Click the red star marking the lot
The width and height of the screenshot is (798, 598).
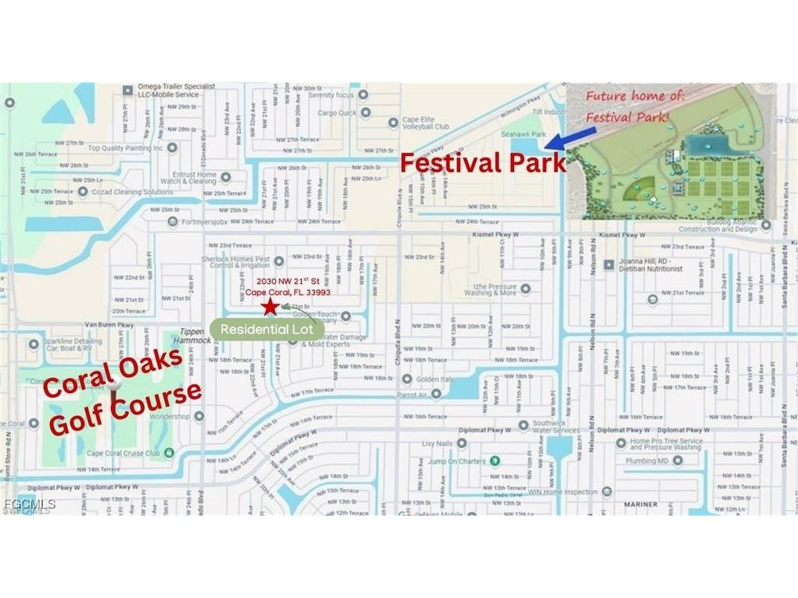pyautogui.click(x=267, y=307)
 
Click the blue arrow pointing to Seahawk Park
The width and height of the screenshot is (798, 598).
pyautogui.click(x=562, y=141)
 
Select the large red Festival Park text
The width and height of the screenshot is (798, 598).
pyautogui.click(x=484, y=163)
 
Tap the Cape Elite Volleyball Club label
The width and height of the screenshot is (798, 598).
pyautogui.click(x=426, y=123)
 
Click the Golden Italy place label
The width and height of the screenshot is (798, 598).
pyautogui.click(x=435, y=379)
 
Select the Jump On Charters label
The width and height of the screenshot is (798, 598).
pyautogui.click(x=457, y=461)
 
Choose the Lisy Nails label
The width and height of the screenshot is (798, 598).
pyautogui.click(x=438, y=443)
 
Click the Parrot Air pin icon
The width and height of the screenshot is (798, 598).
pyautogui.click(x=436, y=394)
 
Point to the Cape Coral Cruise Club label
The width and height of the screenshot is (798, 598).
pyautogui.click(x=123, y=453)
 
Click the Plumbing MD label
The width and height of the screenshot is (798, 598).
pyautogui.click(x=647, y=460)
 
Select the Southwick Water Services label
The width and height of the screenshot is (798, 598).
pyautogui.click(x=556, y=426)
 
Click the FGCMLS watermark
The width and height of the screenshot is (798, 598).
pyautogui.click(x=29, y=505)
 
